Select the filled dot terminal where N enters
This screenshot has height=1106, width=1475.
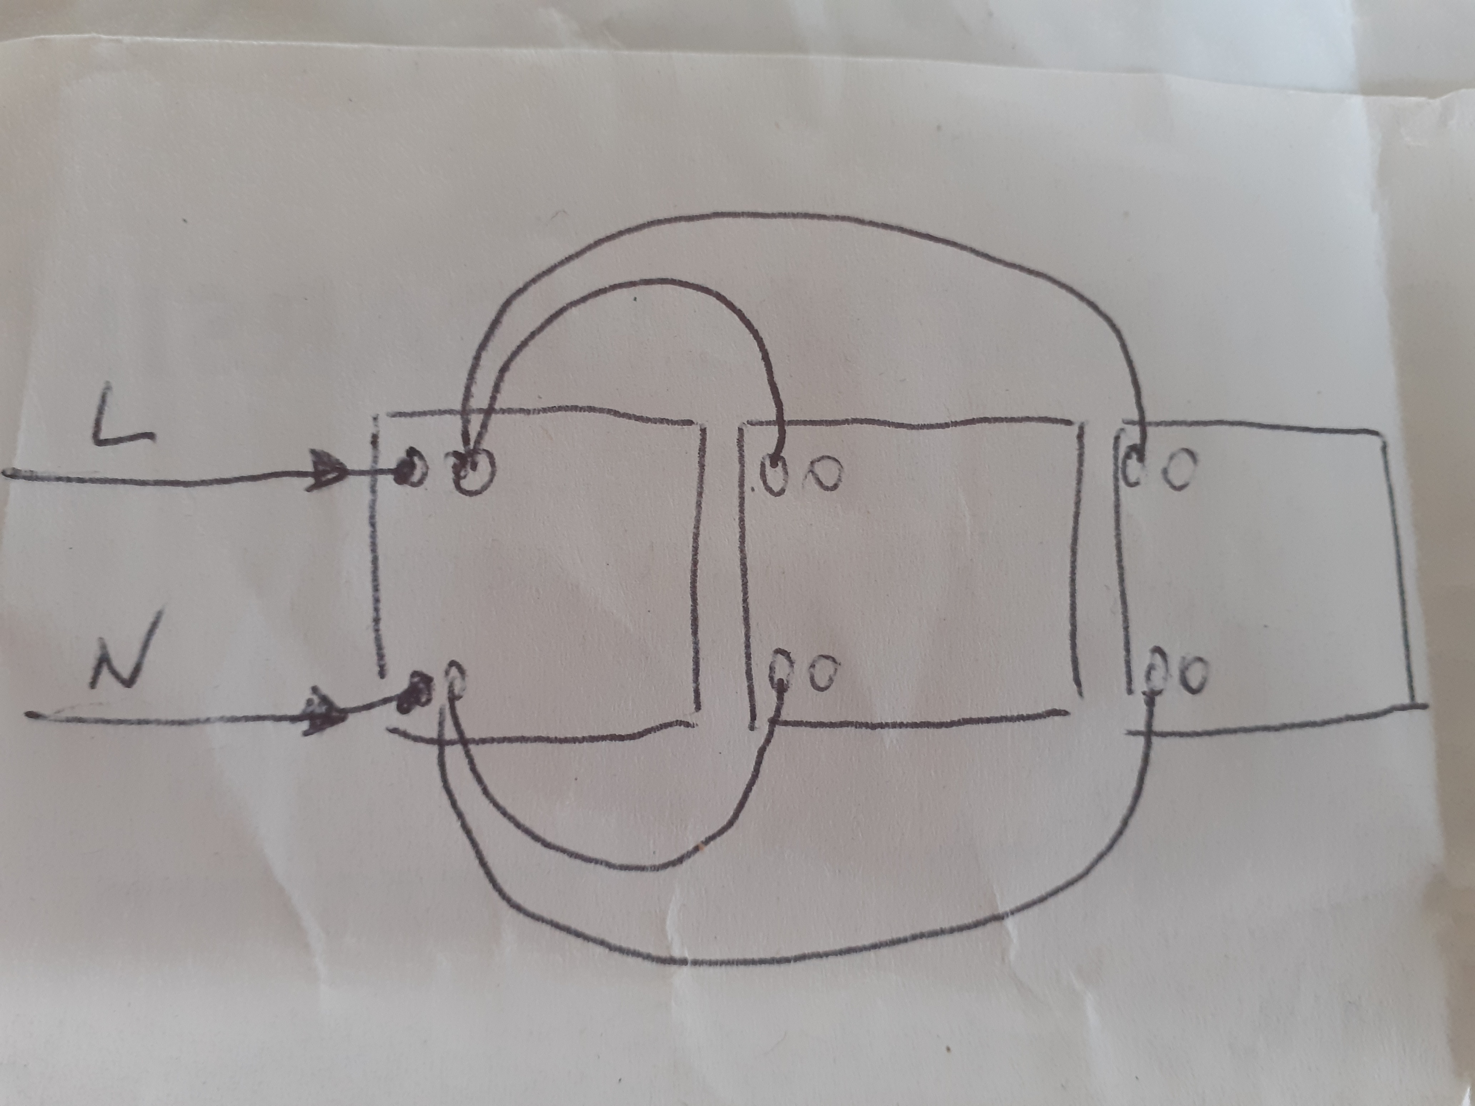415,693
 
